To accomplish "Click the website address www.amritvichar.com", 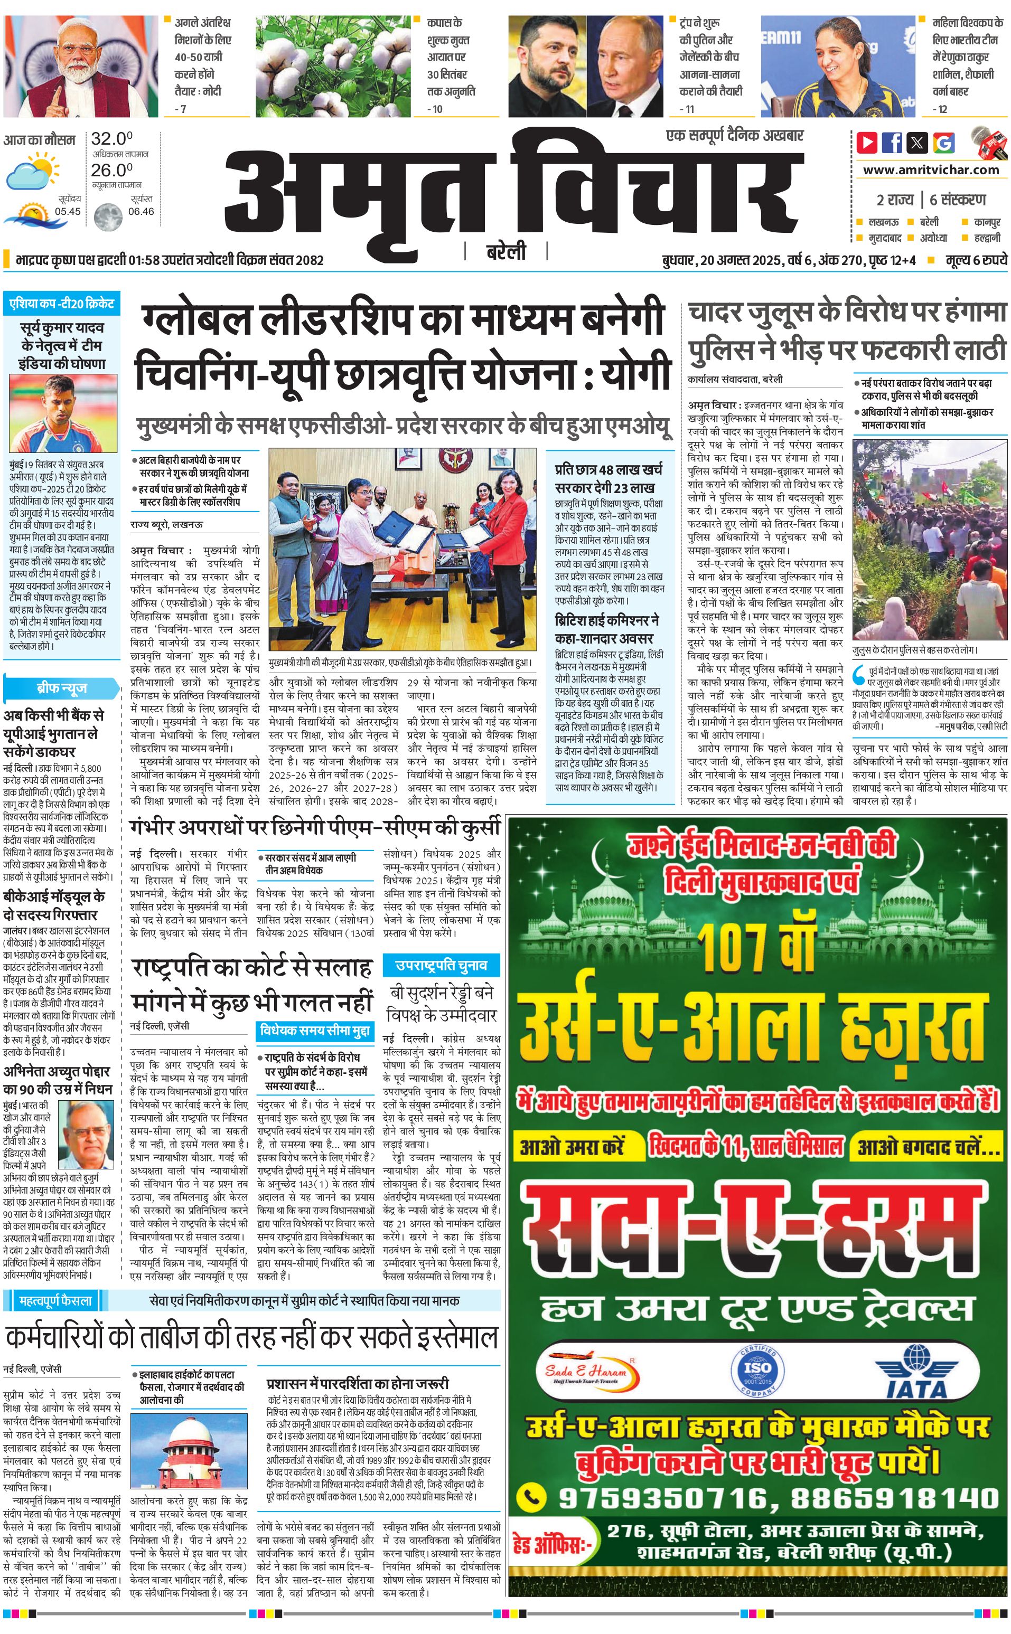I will point(931,170).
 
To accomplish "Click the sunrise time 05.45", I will point(68,211).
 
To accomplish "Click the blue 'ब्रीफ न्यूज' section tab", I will point(61,688).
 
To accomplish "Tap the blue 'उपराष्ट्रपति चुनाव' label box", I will point(441,965).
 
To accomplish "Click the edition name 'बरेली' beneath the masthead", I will point(506,252).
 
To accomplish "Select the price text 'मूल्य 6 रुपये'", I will point(976,260).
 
